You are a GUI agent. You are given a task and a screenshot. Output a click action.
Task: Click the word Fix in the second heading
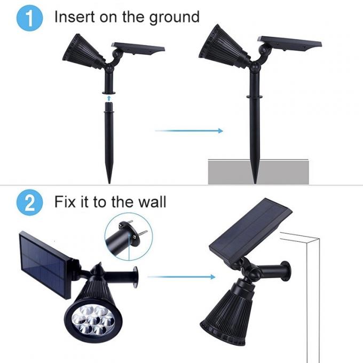tap(67, 202)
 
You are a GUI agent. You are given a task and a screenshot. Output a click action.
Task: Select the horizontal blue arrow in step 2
tap(181, 277)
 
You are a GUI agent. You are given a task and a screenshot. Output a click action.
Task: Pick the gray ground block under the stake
tap(259, 170)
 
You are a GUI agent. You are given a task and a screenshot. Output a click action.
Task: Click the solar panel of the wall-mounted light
tap(250, 231)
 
